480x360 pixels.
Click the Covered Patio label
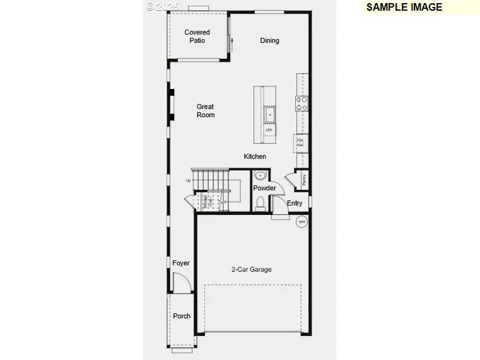[197, 37]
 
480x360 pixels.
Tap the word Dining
[269, 41]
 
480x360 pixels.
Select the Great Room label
[206, 111]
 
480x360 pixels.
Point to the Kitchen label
[255, 156]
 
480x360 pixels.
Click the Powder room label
[264, 188]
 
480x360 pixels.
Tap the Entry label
[295, 204]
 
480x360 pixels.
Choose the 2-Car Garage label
[251, 270]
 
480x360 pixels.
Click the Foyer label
[181, 264]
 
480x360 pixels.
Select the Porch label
[182, 316]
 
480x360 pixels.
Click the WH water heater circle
[301, 221]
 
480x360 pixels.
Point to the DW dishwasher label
[269, 131]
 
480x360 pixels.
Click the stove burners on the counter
[302, 103]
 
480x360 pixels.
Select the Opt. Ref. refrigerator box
[301, 143]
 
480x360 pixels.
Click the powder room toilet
[260, 203]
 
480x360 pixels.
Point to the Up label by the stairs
[188, 181]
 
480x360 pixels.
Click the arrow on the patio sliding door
[233, 44]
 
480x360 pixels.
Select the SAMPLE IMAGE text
[404, 8]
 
